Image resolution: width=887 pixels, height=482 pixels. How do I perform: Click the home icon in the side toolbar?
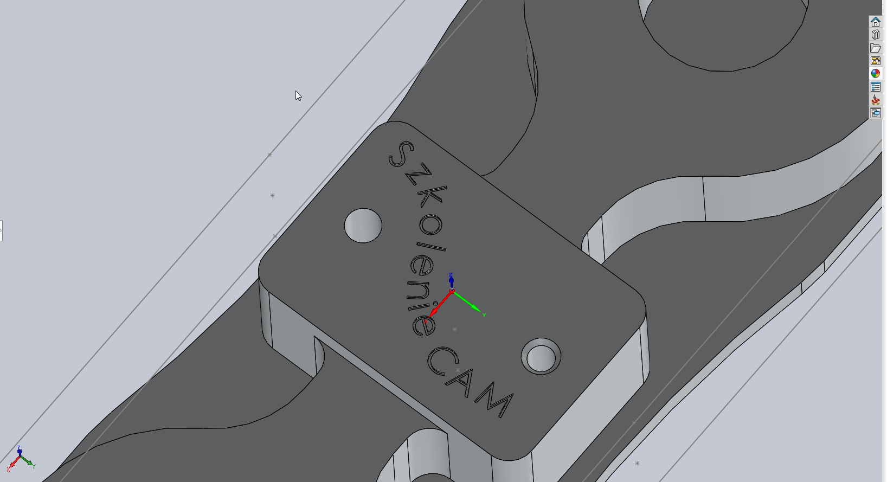876,22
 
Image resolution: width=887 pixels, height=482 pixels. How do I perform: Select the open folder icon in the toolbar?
876,48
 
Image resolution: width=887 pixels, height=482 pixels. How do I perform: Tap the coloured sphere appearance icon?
876,74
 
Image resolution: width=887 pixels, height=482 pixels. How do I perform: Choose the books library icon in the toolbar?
876,35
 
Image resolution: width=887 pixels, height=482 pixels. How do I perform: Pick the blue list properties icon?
876,87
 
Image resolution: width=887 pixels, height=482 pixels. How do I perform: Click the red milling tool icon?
876,100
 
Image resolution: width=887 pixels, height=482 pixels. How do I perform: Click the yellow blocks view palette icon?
876,61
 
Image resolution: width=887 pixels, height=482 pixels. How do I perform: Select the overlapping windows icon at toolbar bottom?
876,113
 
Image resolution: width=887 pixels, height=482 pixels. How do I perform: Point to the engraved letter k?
432,196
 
